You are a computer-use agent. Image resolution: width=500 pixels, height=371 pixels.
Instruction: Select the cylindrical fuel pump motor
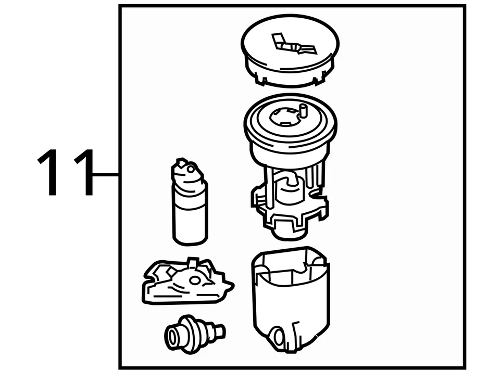[190, 208]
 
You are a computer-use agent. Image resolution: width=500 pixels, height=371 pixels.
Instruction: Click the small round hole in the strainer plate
[195, 280]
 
